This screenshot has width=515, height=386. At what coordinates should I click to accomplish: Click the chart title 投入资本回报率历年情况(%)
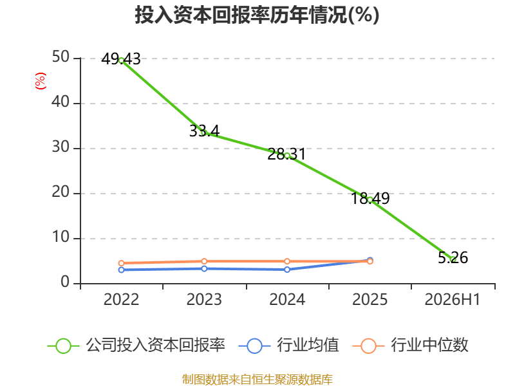[257, 15]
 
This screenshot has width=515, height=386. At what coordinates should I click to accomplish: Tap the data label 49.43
[121, 59]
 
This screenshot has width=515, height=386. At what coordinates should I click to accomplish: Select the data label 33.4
[204, 131]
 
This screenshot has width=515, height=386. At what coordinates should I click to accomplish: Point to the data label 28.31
[286, 154]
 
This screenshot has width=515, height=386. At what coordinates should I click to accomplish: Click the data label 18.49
[370, 198]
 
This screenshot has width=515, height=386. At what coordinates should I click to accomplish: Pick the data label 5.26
[453, 258]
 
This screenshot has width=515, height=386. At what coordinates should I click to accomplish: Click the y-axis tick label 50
[61, 57]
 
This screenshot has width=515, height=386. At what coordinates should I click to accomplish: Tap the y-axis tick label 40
[61, 102]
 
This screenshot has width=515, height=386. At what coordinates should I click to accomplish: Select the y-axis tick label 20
[61, 192]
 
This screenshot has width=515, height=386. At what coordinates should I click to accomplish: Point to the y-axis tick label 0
[65, 282]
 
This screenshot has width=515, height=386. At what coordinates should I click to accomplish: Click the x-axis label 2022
[121, 300]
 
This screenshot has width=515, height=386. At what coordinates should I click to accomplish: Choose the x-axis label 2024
[287, 300]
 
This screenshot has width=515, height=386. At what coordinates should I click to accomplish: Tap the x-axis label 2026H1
[453, 300]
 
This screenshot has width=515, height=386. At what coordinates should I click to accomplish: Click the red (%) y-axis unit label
[41, 81]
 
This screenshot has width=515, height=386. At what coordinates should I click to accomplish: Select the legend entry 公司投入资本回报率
[136, 345]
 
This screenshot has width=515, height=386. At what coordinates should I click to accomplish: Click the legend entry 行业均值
[288, 345]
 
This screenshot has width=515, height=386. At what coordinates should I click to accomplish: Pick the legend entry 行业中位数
[410, 345]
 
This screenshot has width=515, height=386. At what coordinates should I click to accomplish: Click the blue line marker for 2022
[121, 270]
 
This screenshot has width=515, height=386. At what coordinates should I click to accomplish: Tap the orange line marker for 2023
[204, 261]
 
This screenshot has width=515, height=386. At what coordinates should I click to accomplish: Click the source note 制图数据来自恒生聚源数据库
[257, 380]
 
